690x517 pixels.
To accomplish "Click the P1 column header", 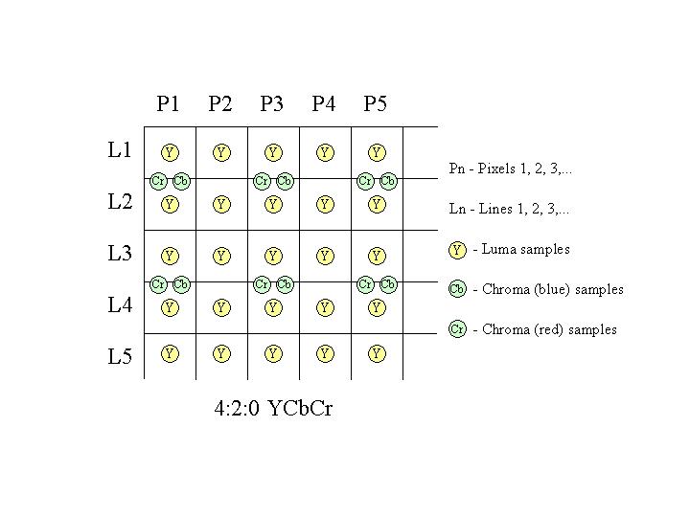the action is [x=168, y=103].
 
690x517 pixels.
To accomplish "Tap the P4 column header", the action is [x=324, y=103].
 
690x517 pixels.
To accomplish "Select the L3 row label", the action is [x=120, y=253].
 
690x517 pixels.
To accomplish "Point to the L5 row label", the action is [x=120, y=356].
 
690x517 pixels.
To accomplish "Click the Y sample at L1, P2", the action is [x=221, y=152].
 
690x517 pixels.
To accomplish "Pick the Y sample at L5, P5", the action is [x=377, y=353].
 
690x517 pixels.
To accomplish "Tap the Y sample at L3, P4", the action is [x=325, y=256].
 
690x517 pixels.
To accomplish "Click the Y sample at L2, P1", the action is [x=170, y=205].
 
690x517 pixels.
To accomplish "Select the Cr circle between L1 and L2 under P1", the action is [x=158, y=181].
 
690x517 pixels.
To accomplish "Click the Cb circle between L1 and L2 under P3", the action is [x=285, y=181].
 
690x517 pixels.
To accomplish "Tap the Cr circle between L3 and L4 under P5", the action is [x=365, y=284].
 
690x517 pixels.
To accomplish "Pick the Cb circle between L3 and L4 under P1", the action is [x=181, y=284].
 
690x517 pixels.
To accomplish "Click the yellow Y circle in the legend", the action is [x=457, y=250].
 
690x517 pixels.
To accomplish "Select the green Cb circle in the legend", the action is [x=457, y=289].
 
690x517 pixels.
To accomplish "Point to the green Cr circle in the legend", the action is [x=457, y=328].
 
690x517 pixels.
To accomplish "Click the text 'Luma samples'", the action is [x=526, y=249].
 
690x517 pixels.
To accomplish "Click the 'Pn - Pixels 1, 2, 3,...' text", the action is [x=511, y=169].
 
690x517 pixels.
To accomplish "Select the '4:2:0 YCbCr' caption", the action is [x=273, y=408].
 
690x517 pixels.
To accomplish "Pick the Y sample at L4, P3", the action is [x=273, y=307].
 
